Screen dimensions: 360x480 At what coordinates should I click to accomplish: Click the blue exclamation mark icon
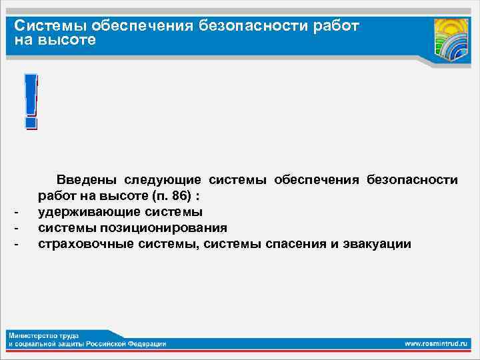[30, 101]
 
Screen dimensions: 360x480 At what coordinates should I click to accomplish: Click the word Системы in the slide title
[51, 26]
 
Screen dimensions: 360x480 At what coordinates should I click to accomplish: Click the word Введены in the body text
[86, 180]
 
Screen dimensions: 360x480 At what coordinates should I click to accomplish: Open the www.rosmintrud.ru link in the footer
[437, 343]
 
